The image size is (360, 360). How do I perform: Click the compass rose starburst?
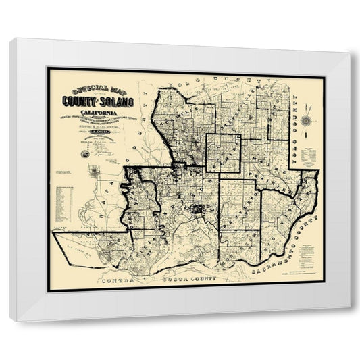click(x=305, y=120)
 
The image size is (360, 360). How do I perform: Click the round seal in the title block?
click(x=85, y=154)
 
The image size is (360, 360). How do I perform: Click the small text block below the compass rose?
click(x=308, y=155)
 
